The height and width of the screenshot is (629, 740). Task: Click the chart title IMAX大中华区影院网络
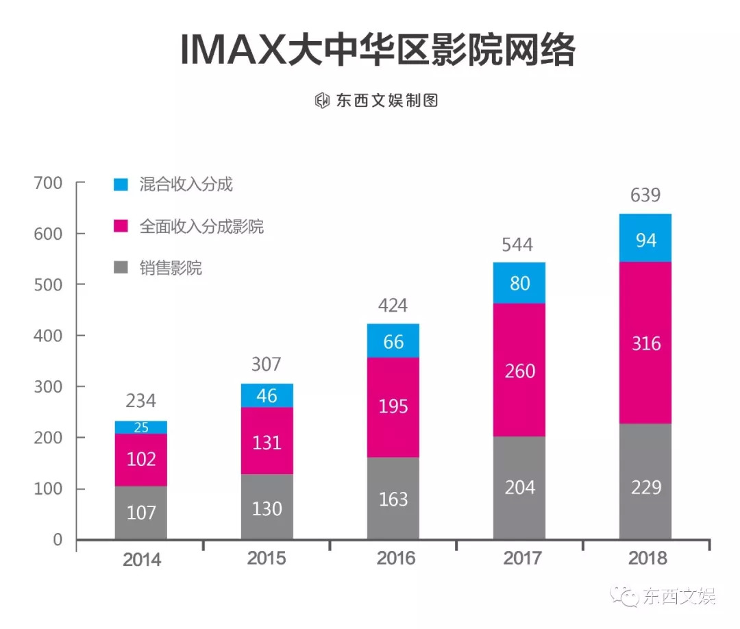click(x=378, y=51)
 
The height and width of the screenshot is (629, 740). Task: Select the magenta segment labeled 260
click(x=519, y=371)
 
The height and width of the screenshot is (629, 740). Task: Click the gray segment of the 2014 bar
click(x=141, y=512)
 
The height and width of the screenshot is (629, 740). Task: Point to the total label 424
click(x=393, y=306)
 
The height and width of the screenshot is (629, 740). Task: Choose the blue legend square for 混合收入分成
click(x=121, y=184)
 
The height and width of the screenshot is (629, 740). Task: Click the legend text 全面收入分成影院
click(x=201, y=227)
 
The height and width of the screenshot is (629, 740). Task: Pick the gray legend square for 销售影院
click(x=121, y=268)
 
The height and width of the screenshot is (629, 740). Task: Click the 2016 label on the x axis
click(x=395, y=558)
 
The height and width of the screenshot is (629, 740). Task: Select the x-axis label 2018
click(x=647, y=558)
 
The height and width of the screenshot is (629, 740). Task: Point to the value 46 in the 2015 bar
click(x=267, y=395)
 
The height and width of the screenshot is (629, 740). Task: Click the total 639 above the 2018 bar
click(x=645, y=195)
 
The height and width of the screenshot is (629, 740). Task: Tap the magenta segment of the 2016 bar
click(x=393, y=407)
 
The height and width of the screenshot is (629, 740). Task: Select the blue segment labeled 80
click(x=519, y=282)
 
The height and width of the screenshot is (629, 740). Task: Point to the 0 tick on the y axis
click(x=58, y=540)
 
